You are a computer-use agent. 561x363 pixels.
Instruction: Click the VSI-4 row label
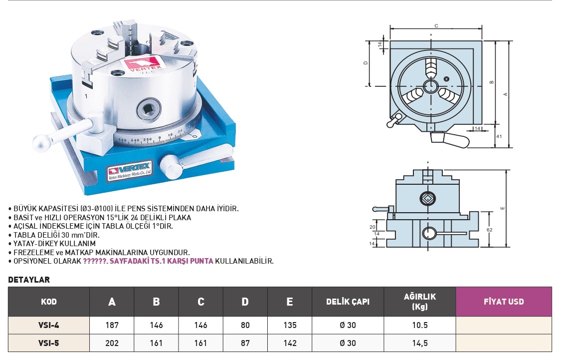[x=49, y=325]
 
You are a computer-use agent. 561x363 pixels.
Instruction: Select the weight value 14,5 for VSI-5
[x=420, y=343]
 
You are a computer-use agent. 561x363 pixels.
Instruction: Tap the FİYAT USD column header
[x=504, y=302]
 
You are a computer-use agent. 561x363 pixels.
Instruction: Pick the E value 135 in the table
[x=290, y=325]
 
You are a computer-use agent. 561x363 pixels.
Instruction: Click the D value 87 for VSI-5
[x=245, y=343]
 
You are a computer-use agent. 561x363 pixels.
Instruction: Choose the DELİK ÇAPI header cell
[x=348, y=302]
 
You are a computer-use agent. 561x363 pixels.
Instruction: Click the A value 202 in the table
[x=112, y=343]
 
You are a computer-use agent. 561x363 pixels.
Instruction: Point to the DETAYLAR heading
[x=29, y=280]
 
